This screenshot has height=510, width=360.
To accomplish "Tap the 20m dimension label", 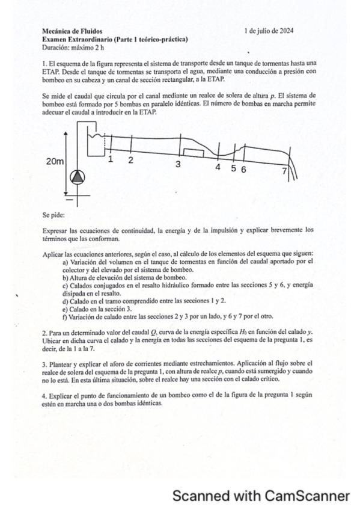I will coord(55,161).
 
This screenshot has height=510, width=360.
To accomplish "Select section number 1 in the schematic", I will coord(111,159).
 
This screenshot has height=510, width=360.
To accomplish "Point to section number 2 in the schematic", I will coord(130,160).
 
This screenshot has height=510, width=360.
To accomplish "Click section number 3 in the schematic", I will coord(178,164).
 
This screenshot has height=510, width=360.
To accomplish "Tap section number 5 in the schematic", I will coord(234,168).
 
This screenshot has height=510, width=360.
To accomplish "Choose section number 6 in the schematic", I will coord(243,169).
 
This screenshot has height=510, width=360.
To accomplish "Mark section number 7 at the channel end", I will coord(284,171).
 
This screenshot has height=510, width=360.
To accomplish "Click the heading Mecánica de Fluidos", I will coord(72,31).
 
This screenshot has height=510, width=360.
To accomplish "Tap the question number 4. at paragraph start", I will coord(44,398).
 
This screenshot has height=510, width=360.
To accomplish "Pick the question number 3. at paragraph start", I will coord(44,364).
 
